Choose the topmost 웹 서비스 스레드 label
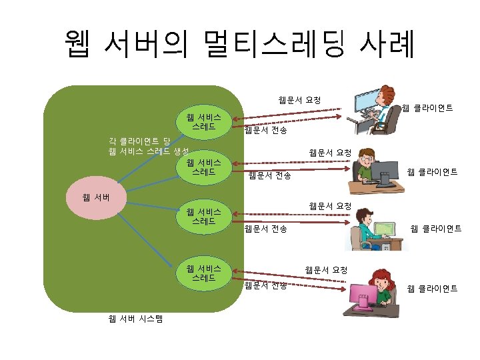[203, 121]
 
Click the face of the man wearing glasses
[369, 162]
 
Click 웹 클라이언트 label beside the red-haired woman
[432, 289]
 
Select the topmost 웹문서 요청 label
[299, 100]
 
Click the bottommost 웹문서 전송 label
[265, 286]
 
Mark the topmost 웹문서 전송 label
[265, 131]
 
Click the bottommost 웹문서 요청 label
[326, 270]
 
